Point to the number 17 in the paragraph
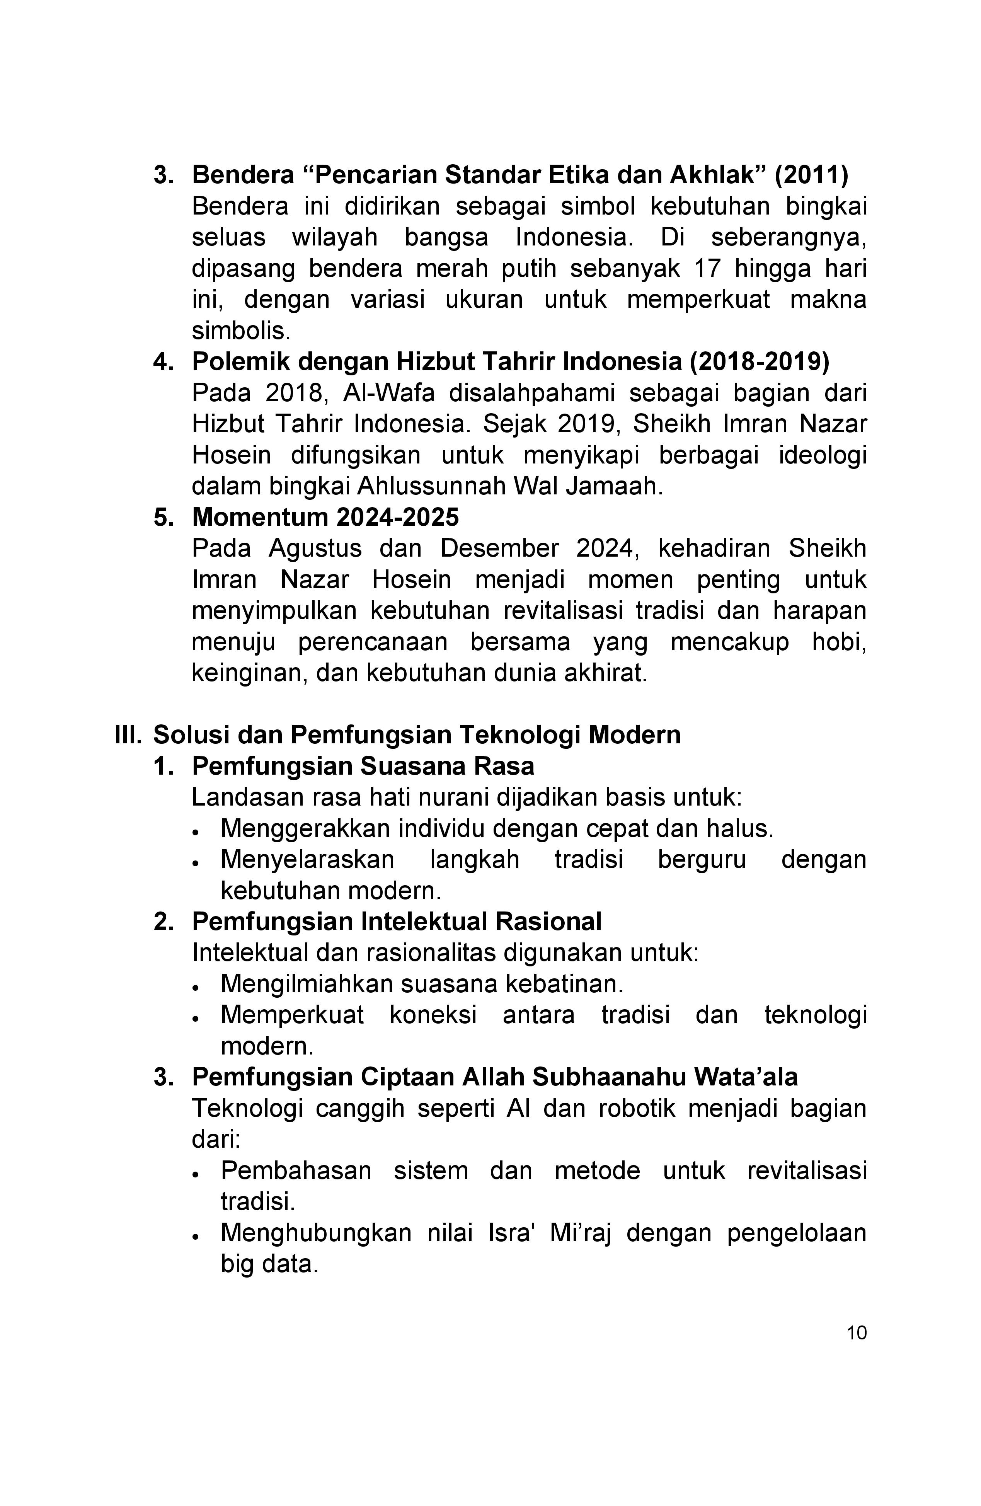point(707,268)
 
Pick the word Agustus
point(315,548)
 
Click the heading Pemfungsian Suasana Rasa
point(363,766)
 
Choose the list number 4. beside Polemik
point(164,361)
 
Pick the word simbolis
point(241,331)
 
